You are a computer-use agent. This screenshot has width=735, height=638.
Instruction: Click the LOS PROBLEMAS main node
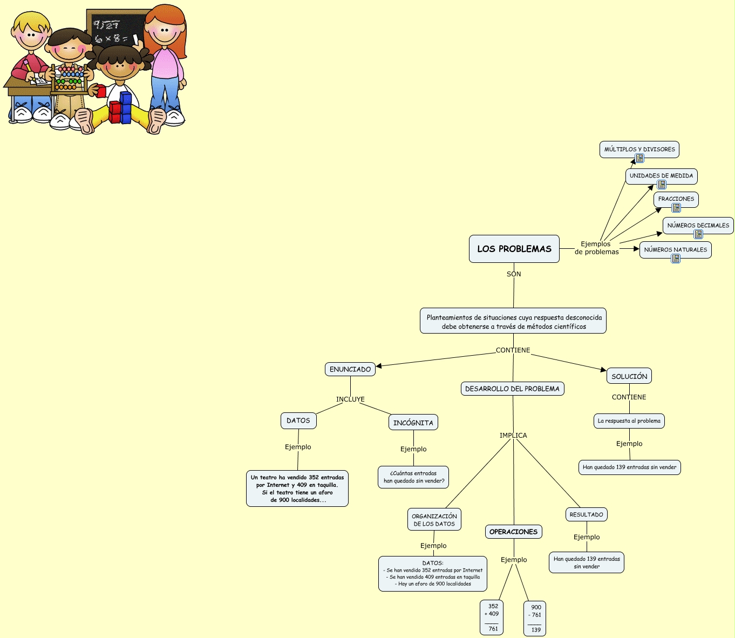pos(514,249)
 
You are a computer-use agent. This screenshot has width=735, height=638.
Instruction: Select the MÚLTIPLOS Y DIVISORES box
pos(639,149)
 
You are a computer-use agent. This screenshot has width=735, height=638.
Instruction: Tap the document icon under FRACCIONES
pos(676,208)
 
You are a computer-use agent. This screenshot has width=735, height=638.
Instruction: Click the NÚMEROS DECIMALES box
pos(698,225)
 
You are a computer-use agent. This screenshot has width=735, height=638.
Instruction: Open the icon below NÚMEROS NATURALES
pos(676,259)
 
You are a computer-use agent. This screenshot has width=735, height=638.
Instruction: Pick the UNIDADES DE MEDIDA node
pos(661,175)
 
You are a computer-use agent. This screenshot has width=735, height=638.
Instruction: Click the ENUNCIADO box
pos(350,369)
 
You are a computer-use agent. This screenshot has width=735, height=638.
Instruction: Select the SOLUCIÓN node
pos(629,376)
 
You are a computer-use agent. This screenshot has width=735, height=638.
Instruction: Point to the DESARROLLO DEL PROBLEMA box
pos(512,389)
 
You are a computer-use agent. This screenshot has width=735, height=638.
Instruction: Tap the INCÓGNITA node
pos(413,423)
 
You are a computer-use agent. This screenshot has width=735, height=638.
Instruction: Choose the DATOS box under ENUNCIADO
pos(298,420)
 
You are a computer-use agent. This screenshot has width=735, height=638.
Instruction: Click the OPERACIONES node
pos(513,532)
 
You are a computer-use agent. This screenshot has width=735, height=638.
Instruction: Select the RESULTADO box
pos(586,514)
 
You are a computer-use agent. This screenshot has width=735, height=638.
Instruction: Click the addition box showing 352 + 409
pos(492,617)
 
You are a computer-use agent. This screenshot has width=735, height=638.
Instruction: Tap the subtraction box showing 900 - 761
pos(535,619)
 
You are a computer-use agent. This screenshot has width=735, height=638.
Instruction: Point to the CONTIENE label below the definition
pos(513,350)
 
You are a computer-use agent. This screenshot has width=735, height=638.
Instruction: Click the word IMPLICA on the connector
pos(513,436)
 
